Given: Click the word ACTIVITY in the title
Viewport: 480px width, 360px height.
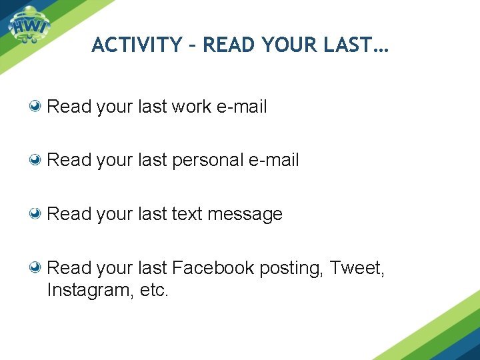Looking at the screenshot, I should (136, 45).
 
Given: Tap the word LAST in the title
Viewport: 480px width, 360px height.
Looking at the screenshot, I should (355, 45).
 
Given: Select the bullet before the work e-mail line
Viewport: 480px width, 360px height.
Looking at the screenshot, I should (38, 106).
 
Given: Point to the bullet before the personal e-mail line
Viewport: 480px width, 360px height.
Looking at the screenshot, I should (38, 160).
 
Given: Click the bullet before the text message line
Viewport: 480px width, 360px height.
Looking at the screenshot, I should (38, 214).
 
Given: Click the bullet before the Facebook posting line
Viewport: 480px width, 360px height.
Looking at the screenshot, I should (38, 268).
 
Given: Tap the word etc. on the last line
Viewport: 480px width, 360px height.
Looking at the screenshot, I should (155, 291).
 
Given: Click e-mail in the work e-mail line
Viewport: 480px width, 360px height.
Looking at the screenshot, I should (242, 106).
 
